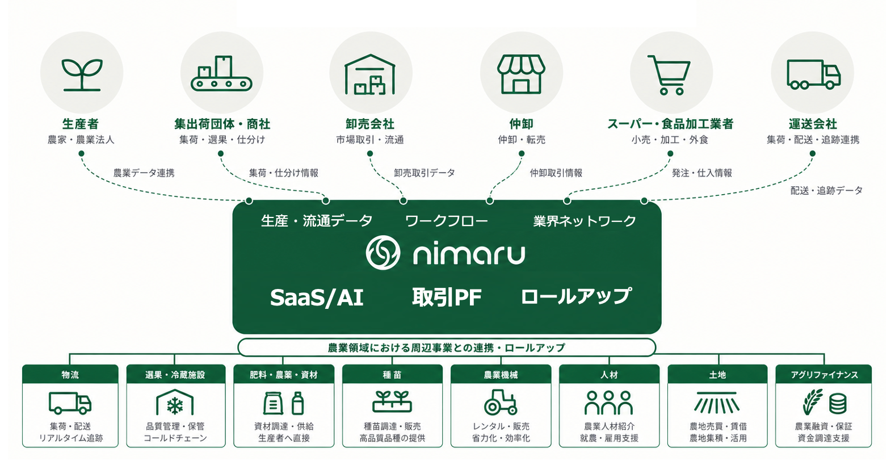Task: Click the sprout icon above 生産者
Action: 82,75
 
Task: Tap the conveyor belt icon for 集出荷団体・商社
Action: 221,73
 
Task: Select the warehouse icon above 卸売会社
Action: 370,74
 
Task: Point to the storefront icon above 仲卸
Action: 521,74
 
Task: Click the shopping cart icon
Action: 669,75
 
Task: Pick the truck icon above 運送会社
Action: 813,74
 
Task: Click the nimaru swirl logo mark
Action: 383,253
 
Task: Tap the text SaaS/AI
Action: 317,298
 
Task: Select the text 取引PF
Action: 447,297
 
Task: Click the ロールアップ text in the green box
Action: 576,296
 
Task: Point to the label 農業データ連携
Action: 144,173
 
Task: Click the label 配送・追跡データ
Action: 826,190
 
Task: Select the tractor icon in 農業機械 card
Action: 501,402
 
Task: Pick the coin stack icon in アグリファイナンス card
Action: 838,404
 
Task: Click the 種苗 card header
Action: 392,374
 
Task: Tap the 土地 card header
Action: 717,374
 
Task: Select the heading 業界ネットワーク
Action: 585,221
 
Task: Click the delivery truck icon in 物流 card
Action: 70,403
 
